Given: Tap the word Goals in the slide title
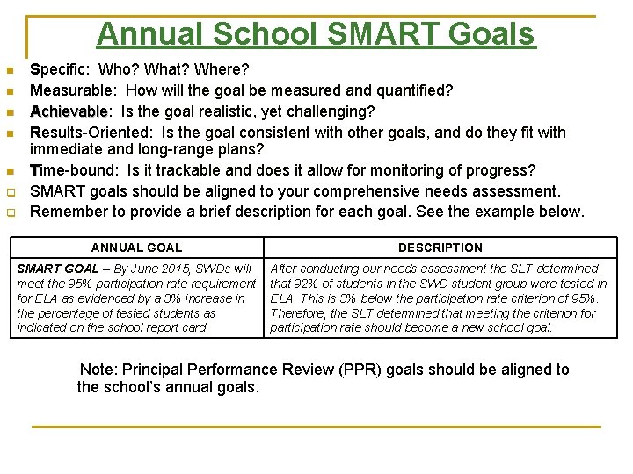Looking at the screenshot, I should (x=492, y=34).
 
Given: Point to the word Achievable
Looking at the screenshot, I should (x=69, y=111).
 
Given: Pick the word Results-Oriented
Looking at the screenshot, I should (x=87, y=133).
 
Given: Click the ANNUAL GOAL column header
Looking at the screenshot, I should (x=136, y=248).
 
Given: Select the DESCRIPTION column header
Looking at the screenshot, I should (x=440, y=248).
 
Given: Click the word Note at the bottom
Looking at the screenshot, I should (x=98, y=370).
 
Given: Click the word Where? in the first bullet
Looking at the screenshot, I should (x=223, y=68).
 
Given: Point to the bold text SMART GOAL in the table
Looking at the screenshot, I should (x=58, y=269).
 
